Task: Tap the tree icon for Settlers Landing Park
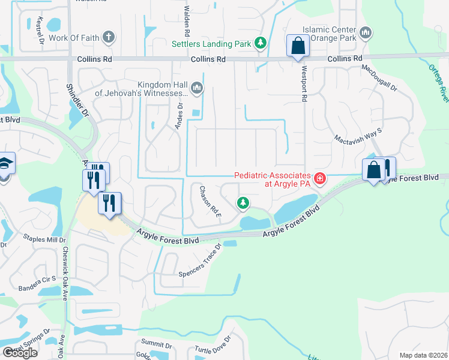(x=261, y=43)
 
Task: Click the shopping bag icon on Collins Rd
(x=298, y=46)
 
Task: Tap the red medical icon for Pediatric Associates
(x=320, y=178)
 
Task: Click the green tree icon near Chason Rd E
(x=243, y=203)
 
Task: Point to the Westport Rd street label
(x=304, y=91)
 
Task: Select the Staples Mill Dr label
(x=44, y=239)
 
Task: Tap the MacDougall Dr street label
(x=379, y=79)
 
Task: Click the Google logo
(x=20, y=352)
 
